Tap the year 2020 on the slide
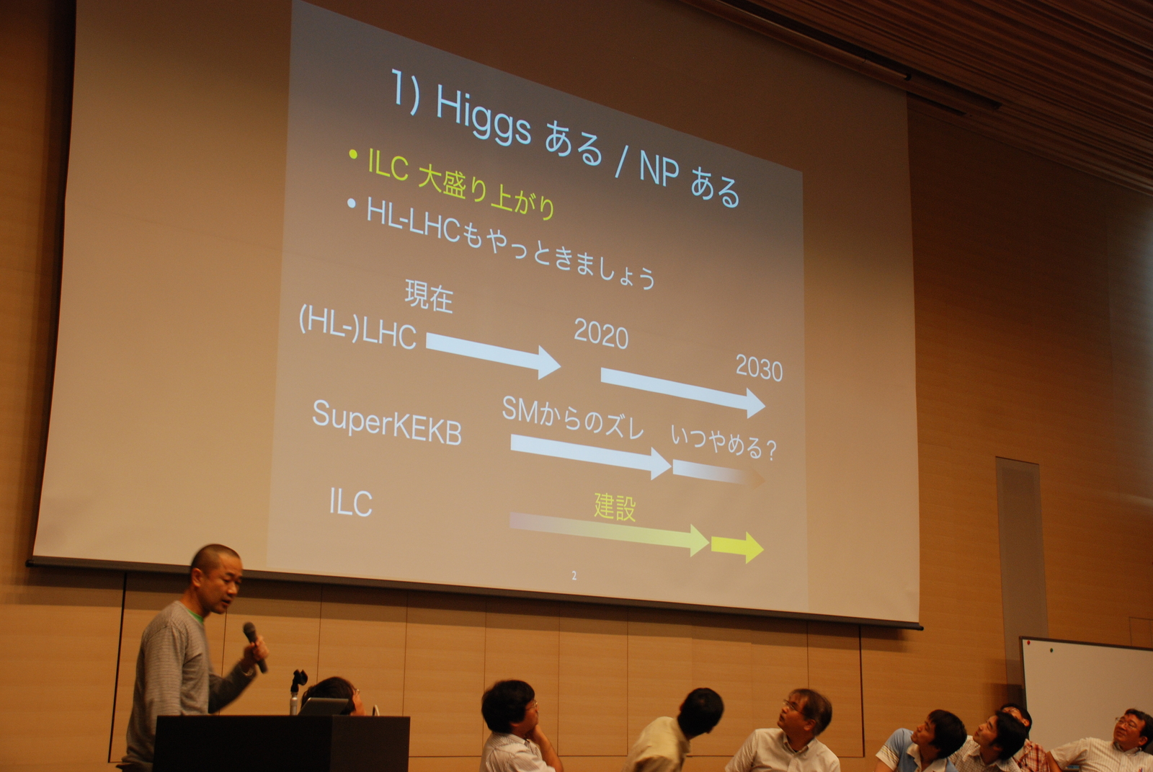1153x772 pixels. [x=601, y=334]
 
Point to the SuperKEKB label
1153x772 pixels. [x=386, y=423]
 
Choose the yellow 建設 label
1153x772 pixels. [x=615, y=507]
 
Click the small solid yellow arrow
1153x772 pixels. [x=737, y=547]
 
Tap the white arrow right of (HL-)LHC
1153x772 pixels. [x=493, y=355]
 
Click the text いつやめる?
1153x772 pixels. [x=724, y=443]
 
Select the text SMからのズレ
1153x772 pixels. [x=572, y=417]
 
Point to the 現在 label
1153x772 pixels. [x=429, y=296]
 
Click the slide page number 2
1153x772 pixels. [x=574, y=576]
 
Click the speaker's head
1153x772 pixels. [x=215, y=577]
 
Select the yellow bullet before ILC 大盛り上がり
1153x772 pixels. [x=352, y=154]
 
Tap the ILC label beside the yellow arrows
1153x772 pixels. [x=350, y=502]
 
